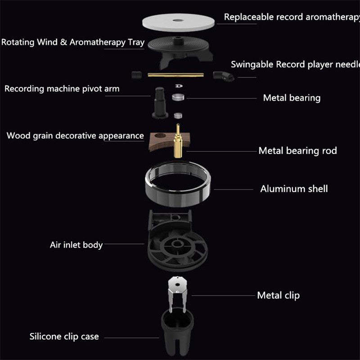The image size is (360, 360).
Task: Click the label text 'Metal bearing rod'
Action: (x=297, y=151)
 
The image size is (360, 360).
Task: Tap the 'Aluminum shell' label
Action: (x=294, y=189)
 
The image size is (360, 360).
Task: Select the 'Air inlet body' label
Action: (x=76, y=245)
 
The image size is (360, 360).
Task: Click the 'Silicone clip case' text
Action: (x=64, y=336)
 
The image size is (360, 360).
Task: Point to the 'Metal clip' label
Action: (x=278, y=296)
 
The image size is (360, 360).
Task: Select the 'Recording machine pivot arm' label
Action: (x=62, y=89)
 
